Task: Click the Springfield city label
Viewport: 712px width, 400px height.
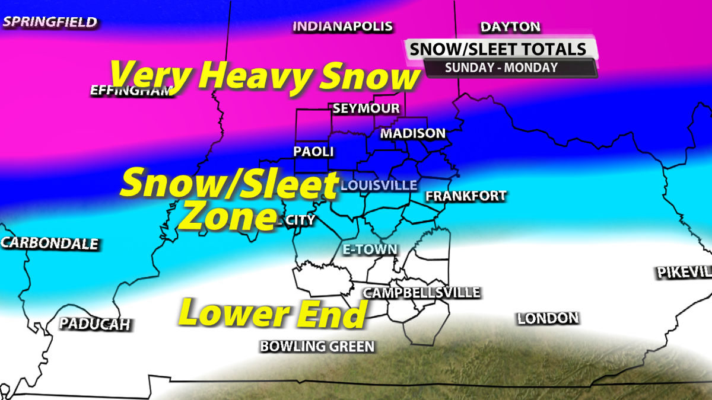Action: pos(50,23)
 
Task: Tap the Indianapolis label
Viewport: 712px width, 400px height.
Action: pos(343,27)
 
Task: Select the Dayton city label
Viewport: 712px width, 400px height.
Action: pos(510,27)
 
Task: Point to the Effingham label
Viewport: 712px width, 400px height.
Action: pos(131,91)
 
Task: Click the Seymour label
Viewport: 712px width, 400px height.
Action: pos(366,109)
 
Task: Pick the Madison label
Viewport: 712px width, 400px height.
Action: pos(413,133)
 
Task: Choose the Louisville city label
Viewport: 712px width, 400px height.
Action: pos(379,185)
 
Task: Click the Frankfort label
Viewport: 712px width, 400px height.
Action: pos(466,196)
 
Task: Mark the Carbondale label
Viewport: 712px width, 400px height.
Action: pos(50,244)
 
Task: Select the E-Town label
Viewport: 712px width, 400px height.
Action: pos(370,249)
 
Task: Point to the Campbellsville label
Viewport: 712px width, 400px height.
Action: pos(422,293)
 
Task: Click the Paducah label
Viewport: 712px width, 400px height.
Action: pos(94,324)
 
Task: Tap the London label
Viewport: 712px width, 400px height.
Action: pos(548,319)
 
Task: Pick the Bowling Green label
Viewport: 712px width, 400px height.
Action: pos(317,347)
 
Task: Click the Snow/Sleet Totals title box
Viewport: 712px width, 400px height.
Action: pos(503,49)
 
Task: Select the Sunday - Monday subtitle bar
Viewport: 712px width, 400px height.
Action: pos(501,67)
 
